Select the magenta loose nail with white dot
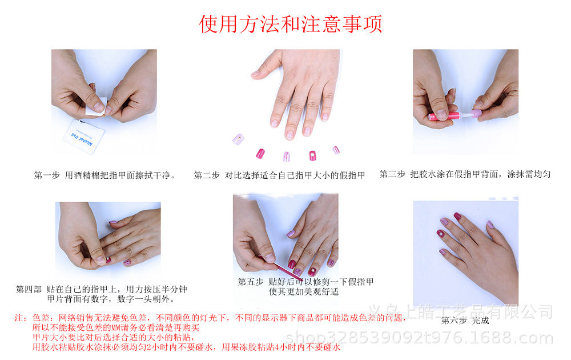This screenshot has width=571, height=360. (x=312, y=155)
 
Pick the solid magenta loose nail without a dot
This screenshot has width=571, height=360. (x=260, y=153)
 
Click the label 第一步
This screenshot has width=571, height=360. (x=47, y=175)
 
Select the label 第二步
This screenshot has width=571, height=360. (x=206, y=175)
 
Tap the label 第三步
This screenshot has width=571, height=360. (x=392, y=174)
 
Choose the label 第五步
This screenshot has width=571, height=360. (x=250, y=282)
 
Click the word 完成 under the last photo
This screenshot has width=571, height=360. (x=481, y=320)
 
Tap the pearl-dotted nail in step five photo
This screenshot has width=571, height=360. (x=314, y=266)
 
